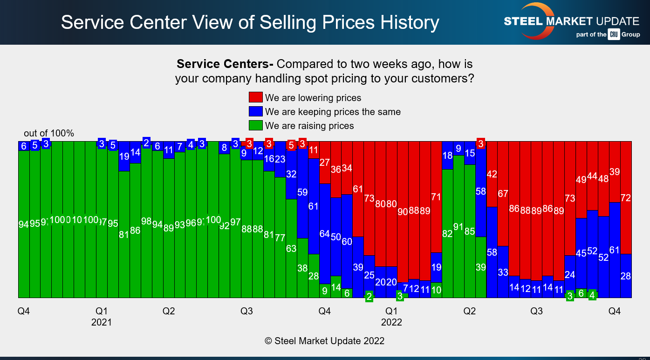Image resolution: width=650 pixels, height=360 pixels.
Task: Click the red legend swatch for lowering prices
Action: (x=255, y=97)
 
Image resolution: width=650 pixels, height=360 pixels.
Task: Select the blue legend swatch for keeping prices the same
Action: (x=255, y=111)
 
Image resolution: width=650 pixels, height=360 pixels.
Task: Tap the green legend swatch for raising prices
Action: (x=255, y=125)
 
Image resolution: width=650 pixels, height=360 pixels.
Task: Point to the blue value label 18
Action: (x=447, y=156)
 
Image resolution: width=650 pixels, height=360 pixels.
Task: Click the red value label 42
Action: (x=492, y=174)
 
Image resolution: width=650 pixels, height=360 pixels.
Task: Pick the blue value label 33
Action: (x=503, y=272)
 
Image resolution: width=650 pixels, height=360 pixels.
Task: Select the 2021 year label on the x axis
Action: (x=102, y=322)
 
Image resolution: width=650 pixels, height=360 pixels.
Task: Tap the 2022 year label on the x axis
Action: (x=391, y=322)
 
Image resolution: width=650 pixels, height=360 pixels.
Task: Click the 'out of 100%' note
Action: (x=49, y=134)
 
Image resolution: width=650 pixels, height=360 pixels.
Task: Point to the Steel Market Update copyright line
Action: (x=325, y=341)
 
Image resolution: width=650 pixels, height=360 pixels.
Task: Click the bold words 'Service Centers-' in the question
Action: (x=225, y=64)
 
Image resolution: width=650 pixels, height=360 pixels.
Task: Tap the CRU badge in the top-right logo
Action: (x=614, y=34)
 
